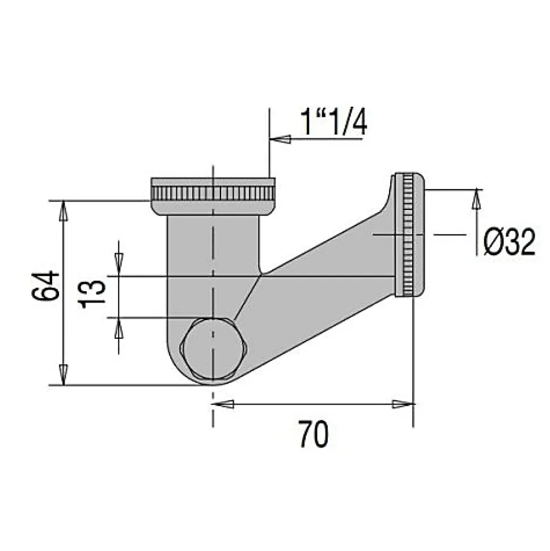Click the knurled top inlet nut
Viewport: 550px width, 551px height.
(213, 193)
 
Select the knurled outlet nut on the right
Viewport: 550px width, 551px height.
(410, 235)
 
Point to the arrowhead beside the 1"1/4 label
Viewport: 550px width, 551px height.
(281, 139)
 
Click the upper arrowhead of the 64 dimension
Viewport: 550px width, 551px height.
(64, 211)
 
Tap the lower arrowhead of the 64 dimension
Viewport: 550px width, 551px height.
(64, 375)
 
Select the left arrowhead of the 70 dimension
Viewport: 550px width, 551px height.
(223, 404)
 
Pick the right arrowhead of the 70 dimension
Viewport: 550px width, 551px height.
(403, 404)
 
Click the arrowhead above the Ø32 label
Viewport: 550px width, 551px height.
(476, 199)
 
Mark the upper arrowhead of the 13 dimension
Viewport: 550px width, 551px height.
(119, 259)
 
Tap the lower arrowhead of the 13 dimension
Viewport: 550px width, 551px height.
(119, 329)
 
